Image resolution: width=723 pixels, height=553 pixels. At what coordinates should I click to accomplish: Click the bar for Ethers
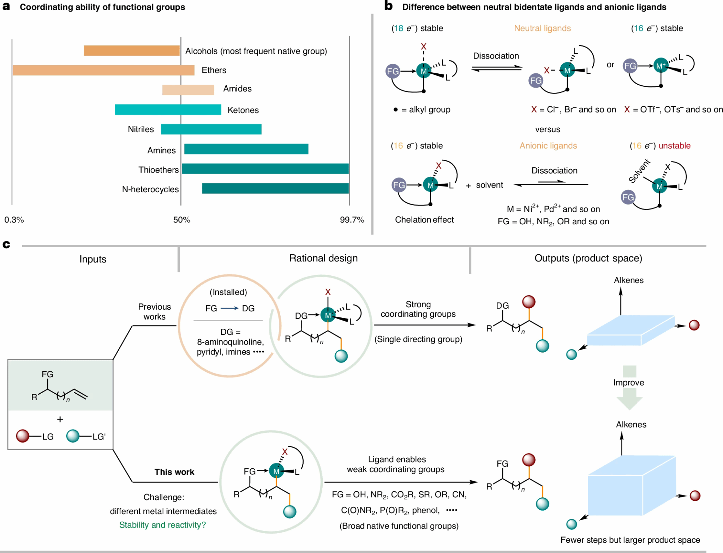coord(103,70)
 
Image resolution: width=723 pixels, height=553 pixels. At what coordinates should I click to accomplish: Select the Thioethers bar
coord(265,169)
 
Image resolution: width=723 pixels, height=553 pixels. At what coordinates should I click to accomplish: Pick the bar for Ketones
coord(168,110)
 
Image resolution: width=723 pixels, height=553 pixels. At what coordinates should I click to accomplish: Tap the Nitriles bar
coord(211,129)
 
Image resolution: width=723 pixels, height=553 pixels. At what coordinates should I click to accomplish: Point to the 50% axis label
coord(181,220)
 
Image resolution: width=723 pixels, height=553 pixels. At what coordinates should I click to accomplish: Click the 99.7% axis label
coord(352,220)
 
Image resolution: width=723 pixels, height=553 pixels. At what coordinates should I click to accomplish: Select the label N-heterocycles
coord(150,189)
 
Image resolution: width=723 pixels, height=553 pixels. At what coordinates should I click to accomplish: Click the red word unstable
coord(674,146)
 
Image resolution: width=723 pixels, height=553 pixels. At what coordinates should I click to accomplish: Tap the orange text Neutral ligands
coord(542,28)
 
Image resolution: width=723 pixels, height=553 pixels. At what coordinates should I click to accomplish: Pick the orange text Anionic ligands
coord(548,146)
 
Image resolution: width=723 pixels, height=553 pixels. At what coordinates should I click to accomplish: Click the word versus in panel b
coord(548,129)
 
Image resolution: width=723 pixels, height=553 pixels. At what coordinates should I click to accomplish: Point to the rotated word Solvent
coord(639,171)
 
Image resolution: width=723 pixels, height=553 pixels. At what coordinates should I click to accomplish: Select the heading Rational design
coord(323,258)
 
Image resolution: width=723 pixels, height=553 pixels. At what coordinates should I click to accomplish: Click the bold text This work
coord(174,472)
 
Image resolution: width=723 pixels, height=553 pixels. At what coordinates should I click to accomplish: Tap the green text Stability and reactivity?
coord(162,525)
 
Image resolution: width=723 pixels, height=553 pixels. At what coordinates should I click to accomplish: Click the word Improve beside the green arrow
coord(628,383)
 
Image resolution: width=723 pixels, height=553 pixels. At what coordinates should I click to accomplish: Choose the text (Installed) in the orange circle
coord(228,292)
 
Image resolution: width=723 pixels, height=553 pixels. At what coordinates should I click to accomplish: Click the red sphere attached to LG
coord(23,436)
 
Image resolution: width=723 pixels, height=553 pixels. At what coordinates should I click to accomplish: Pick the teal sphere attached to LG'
coord(73,436)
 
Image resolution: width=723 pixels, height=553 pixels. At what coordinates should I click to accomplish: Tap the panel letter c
coord(6,244)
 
